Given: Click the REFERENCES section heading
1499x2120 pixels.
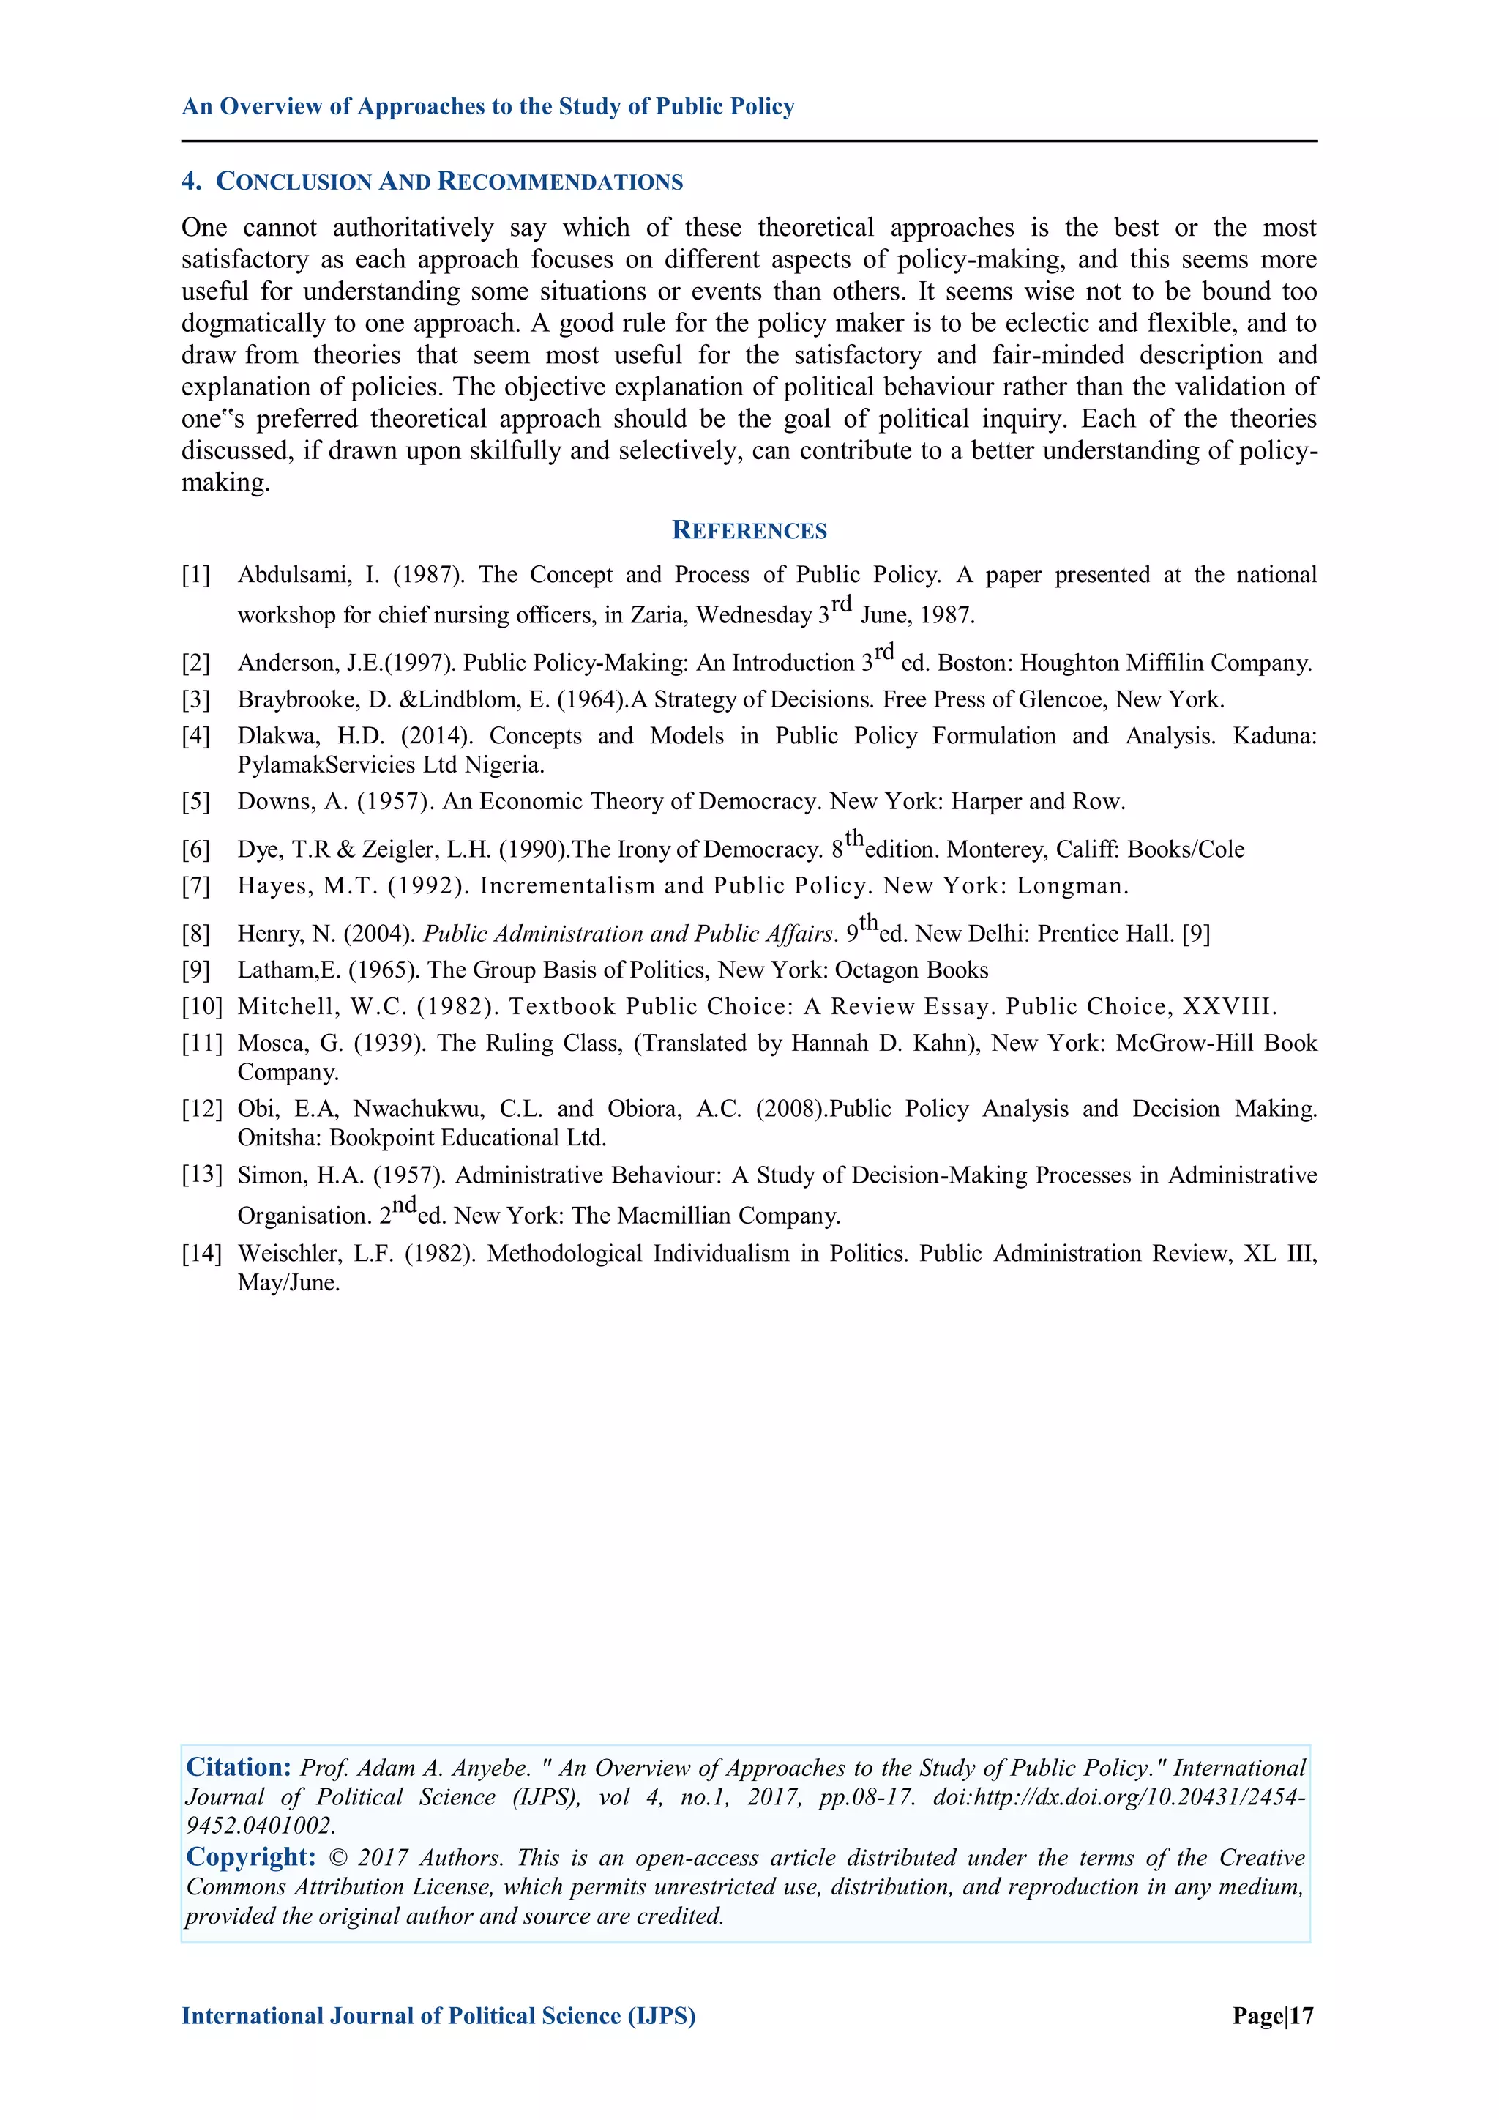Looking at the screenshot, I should point(749,530).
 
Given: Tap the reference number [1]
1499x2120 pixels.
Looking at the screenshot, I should point(195,576).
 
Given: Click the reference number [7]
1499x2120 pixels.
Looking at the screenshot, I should point(195,886).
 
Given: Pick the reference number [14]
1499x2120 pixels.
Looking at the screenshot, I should point(201,1254).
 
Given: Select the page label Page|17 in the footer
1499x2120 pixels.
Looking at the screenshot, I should point(1272,2016).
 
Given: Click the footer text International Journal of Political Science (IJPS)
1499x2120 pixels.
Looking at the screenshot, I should point(438,2016).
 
